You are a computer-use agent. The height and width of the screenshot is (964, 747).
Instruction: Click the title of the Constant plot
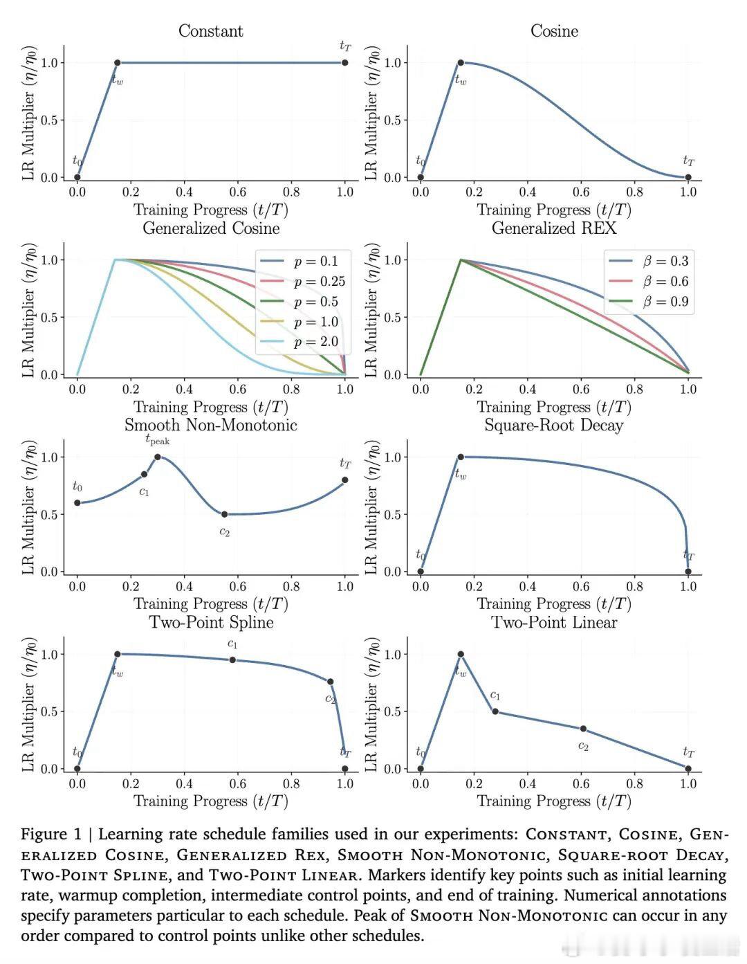[x=210, y=31]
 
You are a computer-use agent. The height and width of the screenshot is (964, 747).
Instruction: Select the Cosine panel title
[x=554, y=31]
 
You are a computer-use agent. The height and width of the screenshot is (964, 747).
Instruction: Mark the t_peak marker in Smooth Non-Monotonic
[x=158, y=457]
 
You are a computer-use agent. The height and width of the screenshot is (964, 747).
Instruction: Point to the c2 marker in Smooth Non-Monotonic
[x=224, y=514]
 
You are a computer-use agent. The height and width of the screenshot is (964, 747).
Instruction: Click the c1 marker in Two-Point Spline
[x=232, y=660]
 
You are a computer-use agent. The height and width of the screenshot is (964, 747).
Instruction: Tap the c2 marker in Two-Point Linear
[x=583, y=729]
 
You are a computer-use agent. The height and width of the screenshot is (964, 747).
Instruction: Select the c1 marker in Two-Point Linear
[x=495, y=711]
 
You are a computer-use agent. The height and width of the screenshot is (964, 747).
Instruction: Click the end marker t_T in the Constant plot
[x=345, y=63]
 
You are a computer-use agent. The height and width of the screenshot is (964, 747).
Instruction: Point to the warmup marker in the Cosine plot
[x=461, y=63]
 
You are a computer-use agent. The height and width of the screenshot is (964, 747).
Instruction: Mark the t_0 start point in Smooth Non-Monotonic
[x=77, y=503]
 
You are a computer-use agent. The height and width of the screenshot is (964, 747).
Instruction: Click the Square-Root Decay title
[x=553, y=426]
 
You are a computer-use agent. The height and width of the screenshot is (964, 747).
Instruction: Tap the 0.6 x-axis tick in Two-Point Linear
[x=581, y=784]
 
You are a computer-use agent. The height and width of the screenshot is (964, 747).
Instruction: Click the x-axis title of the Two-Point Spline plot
[x=210, y=801]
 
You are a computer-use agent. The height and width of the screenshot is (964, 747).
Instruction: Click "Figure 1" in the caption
[x=50, y=835]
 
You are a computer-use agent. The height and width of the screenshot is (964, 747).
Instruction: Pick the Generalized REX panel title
[x=553, y=228]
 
